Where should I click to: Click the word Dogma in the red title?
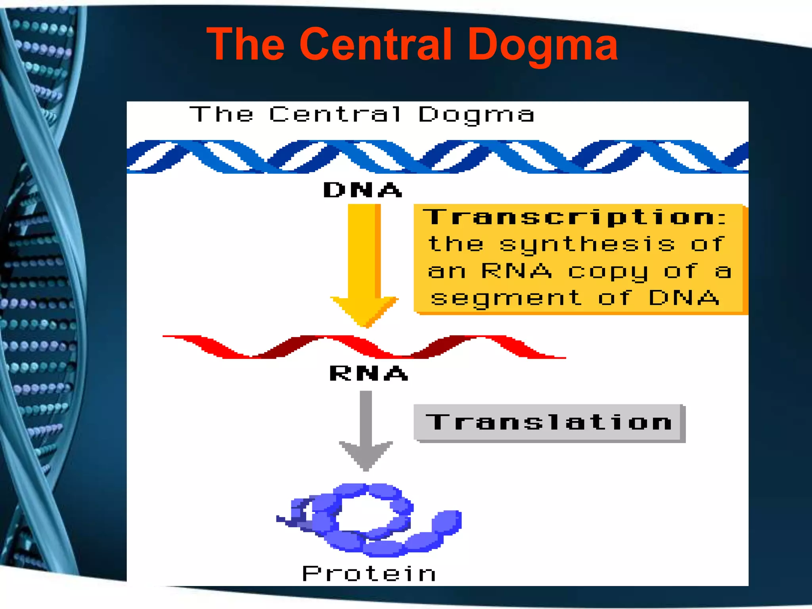(x=542, y=44)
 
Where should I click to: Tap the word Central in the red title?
(x=376, y=44)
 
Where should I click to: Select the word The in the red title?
(x=246, y=44)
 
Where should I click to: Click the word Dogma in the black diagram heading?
(x=476, y=115)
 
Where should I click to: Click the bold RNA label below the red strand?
(x=369, y=373)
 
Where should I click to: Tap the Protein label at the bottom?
(x=369, y=573)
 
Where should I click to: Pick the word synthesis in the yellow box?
(x=587, y=244)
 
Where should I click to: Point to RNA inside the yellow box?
(x=516, y=271)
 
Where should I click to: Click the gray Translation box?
(x=549, y=422)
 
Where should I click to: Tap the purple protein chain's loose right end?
(x=448, y=520)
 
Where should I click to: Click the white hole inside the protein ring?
(x=365, y=514)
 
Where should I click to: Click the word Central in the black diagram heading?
(x=335, y=115)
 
